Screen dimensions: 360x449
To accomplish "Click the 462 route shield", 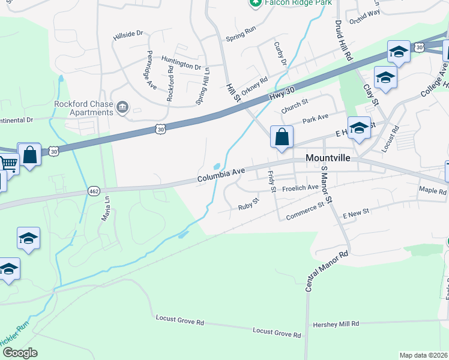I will (94, 191).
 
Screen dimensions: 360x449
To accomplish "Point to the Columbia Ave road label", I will (221, 176).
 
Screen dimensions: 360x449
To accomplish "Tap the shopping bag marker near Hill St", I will (282, 137).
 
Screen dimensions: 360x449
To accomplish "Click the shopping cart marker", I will (7, 163).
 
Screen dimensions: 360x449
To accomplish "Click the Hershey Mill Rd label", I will (336, 324).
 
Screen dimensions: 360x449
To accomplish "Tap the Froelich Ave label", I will (300, 188).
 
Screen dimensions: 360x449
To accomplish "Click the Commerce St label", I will (305, 211).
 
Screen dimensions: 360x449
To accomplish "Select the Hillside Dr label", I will (128, 37).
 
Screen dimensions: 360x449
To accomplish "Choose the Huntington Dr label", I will (181, 62).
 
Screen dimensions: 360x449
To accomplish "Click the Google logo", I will (19, 353).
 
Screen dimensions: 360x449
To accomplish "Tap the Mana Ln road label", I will (106, 209).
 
